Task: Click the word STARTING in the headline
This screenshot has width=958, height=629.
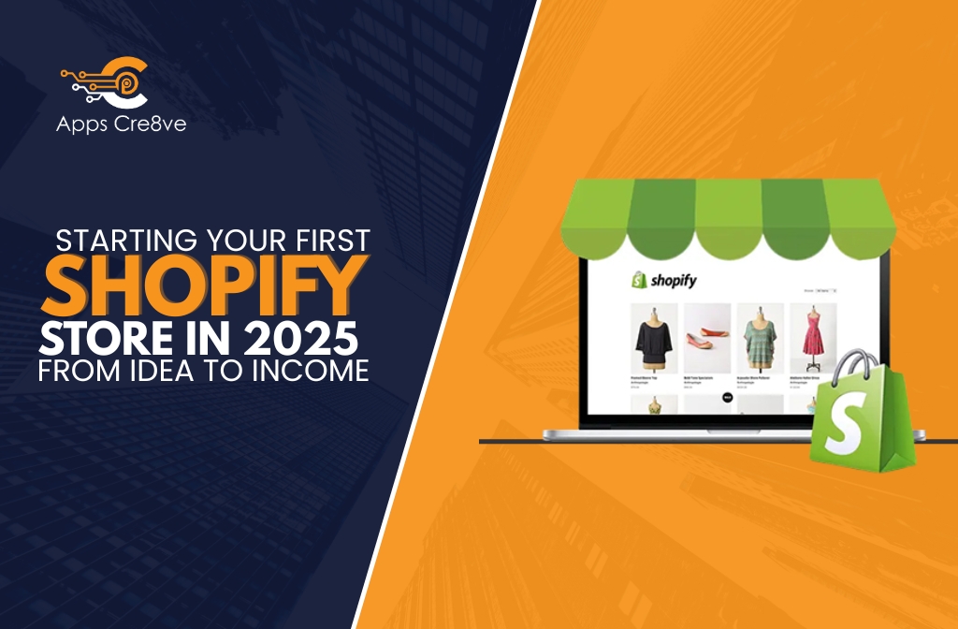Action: (x=109, y=240)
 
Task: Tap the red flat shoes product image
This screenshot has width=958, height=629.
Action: (x=706, y=337)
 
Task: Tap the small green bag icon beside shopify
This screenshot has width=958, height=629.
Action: (x=639, y=279)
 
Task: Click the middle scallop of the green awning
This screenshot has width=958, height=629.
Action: (x=727, y=211)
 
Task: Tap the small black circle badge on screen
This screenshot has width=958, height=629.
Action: (x=726, y=397)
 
